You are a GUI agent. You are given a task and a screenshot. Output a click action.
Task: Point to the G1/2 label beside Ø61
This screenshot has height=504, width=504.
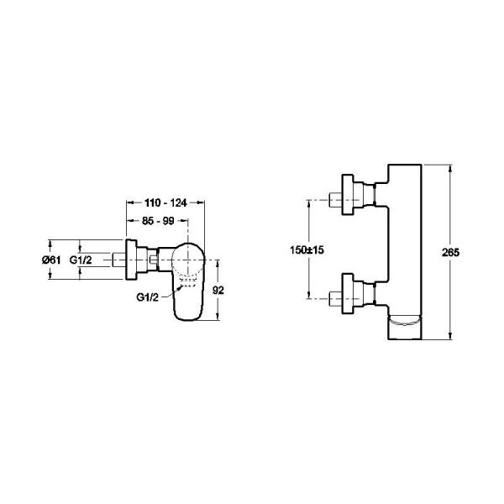tap(81, 260)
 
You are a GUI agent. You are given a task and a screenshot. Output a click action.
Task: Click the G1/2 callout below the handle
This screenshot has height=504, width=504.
tap(148, 297)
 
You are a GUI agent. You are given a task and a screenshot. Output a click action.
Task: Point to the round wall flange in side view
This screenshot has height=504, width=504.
tap(131, 260)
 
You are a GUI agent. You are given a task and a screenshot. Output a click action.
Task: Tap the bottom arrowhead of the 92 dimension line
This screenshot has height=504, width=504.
tap(217, 318)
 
